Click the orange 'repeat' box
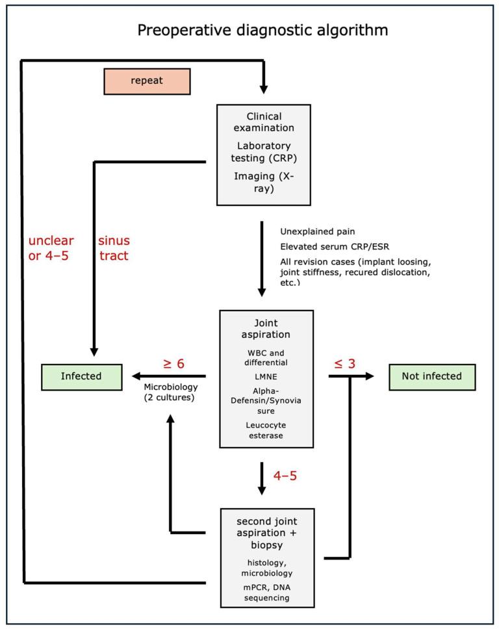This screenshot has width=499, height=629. tap(147, 81)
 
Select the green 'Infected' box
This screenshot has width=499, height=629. tap(81, 376)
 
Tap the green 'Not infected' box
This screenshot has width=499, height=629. tap(432, 376)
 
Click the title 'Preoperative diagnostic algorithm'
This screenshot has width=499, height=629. tap(262, 30)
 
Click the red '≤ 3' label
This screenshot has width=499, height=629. tap(344, 364)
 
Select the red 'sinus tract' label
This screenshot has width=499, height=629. tap(113, 248)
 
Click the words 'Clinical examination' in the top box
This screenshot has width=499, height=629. tap(263, 122)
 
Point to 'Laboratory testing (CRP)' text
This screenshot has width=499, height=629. tap(263, 151)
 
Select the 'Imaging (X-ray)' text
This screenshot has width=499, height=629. tap(263, 181)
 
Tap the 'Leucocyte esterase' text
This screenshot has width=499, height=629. tap(266, 430)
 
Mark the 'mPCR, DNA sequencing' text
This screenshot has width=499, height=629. tap(266, 592)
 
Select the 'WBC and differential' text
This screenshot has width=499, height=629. tap(266, 357)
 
